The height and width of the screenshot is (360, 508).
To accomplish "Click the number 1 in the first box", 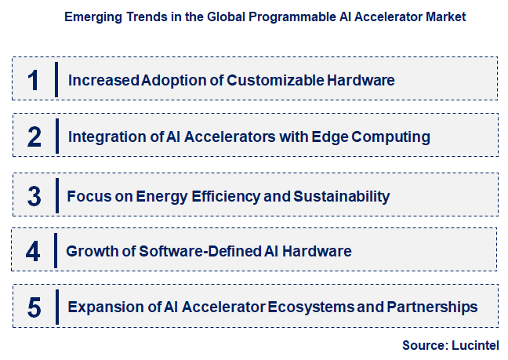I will tap(33, 80).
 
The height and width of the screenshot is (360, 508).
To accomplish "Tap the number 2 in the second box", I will tap(34, 137).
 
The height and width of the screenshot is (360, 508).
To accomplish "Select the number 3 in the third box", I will tap(33, 196).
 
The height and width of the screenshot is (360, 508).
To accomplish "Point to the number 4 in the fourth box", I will tap(33, 252).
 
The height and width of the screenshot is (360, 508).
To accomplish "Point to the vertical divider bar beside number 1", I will tap(56, 80).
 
